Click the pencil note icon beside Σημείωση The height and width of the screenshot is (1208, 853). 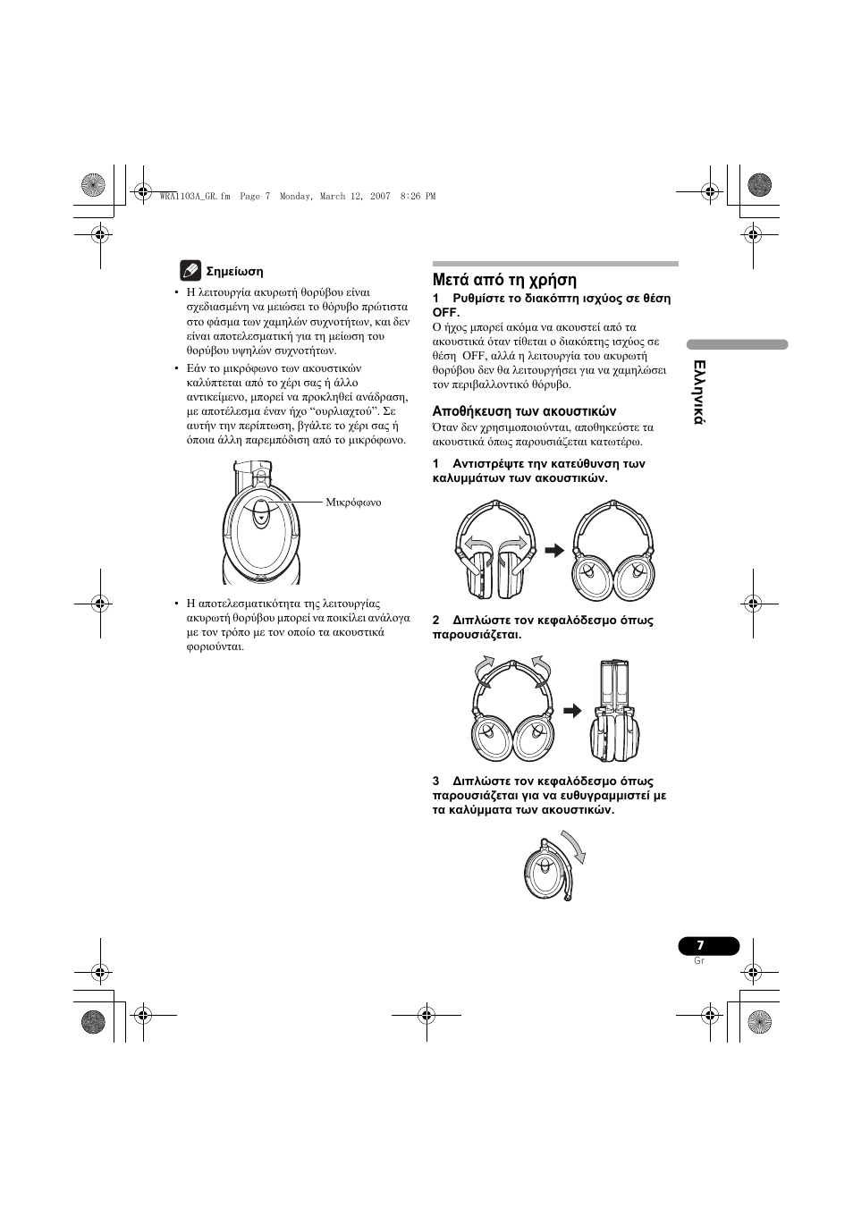(190, 269)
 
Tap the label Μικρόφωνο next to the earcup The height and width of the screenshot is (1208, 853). (353, 502)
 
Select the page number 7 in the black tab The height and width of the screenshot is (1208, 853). (701, 946)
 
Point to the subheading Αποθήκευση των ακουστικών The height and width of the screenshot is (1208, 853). (525, 411)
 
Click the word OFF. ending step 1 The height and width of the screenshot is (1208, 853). (446, 313)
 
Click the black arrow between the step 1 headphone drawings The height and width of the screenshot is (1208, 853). (554, 551)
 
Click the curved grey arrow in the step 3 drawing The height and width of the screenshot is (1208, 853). (576, 848)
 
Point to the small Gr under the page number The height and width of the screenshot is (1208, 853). (699, 960)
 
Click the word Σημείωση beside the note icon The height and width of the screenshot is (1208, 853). (234, 271)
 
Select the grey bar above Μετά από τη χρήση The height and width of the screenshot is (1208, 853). (555, 264)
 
